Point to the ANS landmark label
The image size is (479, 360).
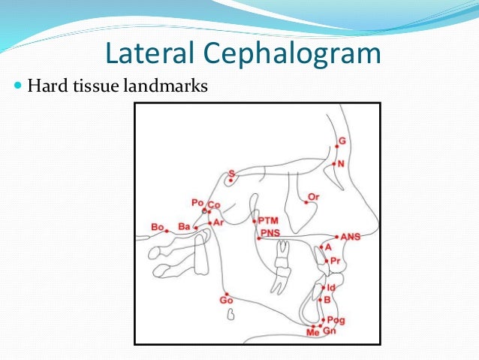pyautogui.click(x=351, y=237)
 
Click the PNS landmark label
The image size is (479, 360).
pyautogui.click(x=270, y=233)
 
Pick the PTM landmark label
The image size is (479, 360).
pyautogui.click(x=267, y=220)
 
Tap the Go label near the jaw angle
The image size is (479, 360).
pyautogui.click(x=225, y=301)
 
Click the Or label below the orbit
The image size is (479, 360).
pyautogui.click(x=314, y=197)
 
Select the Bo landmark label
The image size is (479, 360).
pyautogui.click(x=157, y=226)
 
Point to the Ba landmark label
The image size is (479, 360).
pyautogui.click(x=183, y=225)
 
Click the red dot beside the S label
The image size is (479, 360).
pyautogui.click(x=230, y=180)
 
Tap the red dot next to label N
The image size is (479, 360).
pyautogui.click(x=333, y=163)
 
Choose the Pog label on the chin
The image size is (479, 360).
pyautogui.click(x=336, y=319)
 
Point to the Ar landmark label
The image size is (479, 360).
pyautogui.click(x=218, y=222)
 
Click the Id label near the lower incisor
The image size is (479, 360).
pyautogui.click(x=331, y=287)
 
